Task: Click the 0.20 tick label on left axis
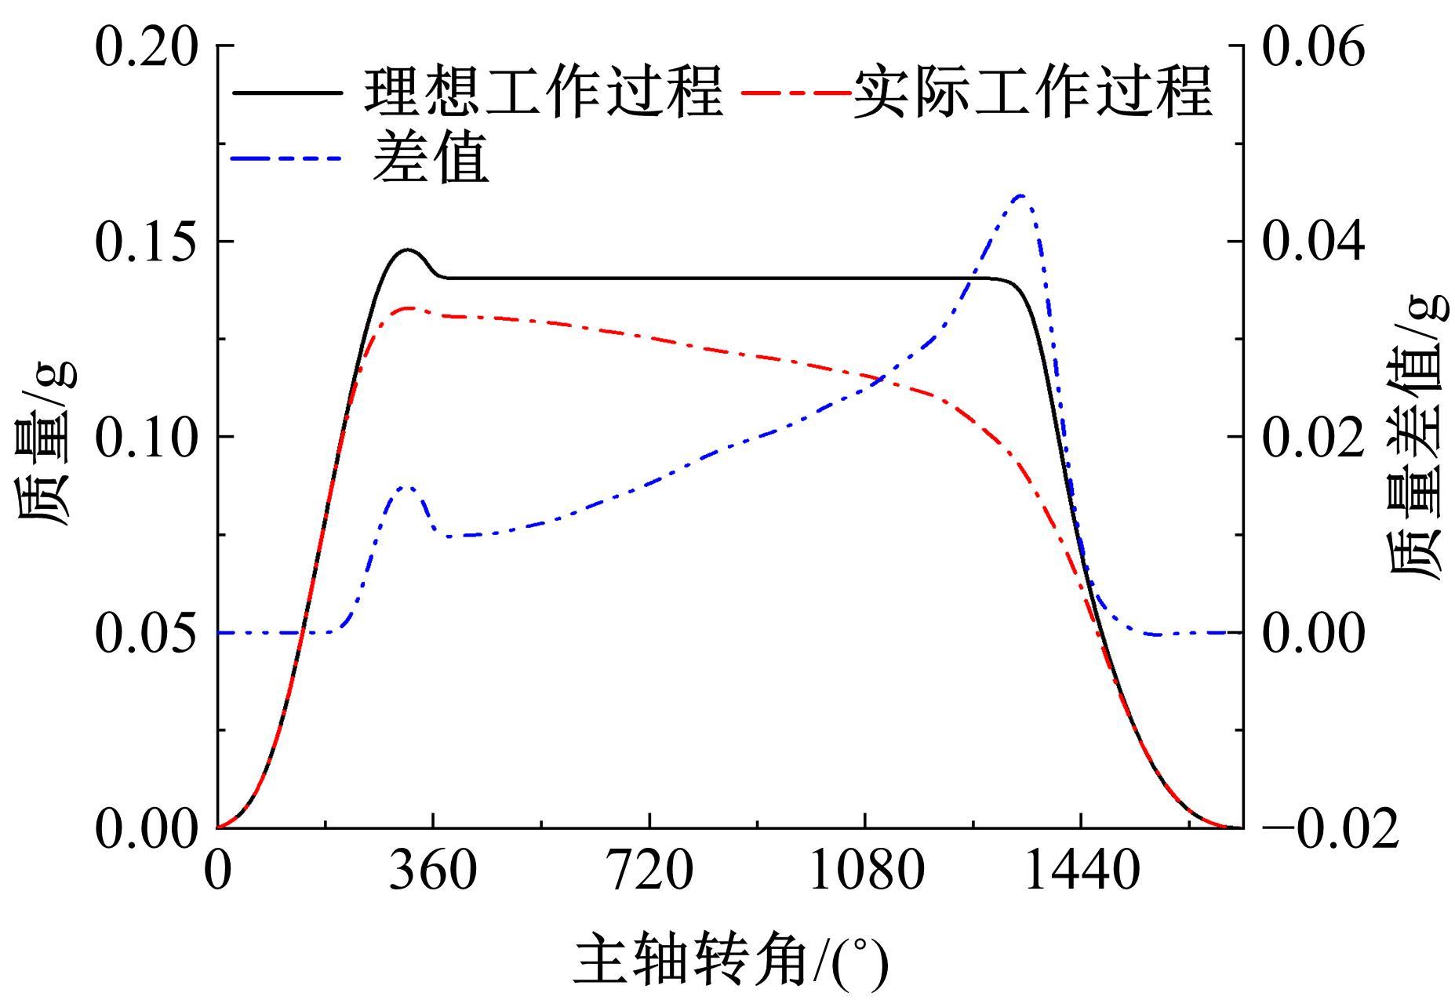(x=146, y=47)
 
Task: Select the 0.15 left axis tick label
(x=146, y=242)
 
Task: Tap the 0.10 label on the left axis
(x=146, y=437)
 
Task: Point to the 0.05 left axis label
(x=146, y=632)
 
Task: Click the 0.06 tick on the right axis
(x=1314, y=47)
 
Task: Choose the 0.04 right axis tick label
(x=1314, y=242)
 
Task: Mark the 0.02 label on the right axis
(x=1314, y=437)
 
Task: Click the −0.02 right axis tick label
(x=1331, y=829)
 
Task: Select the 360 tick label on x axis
(x=433, y=871)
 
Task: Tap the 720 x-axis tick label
(x=650, y=871)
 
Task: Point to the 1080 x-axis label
(x=866, y=871)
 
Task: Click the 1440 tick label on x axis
(x=1082, y=871)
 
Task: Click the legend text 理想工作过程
(x=543, y=93)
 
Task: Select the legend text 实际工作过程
(x=1033, y=93)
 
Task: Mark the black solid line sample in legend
(x=287, y=93)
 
